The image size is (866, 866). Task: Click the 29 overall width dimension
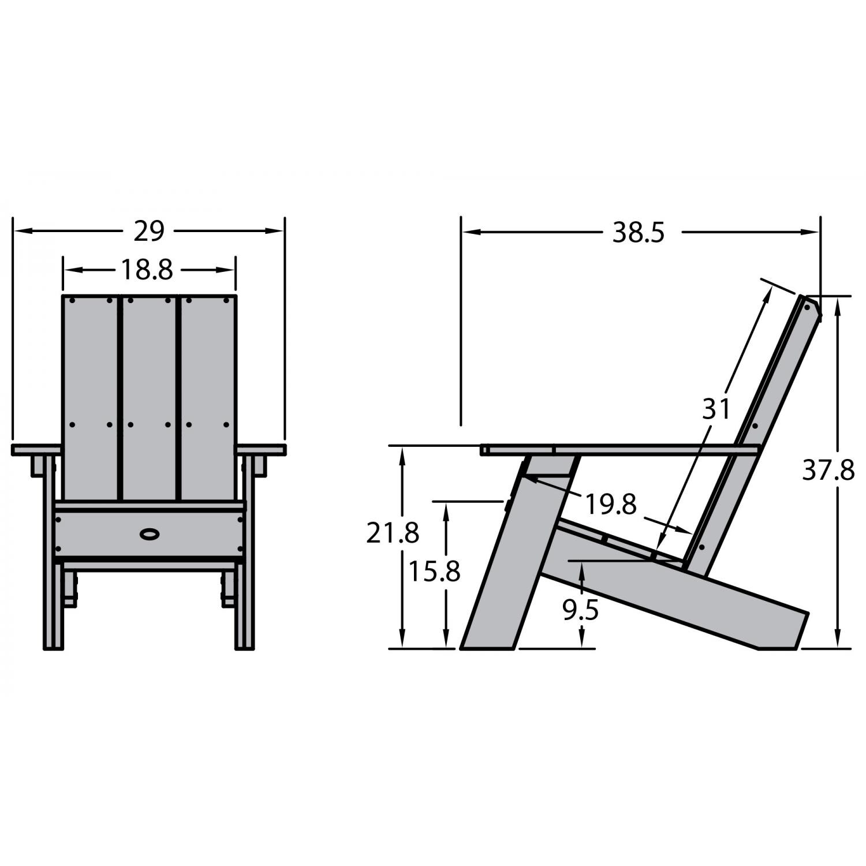[149, 231]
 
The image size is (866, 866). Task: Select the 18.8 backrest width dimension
[147, 270]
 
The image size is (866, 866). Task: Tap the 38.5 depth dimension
[639, 233]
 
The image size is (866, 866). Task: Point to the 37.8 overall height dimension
[828, 471]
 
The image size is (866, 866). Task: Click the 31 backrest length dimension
[716, 409]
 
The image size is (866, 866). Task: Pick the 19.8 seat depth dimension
[611, 504]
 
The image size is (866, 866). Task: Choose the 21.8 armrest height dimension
[392, 533]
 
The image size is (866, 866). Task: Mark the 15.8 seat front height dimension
[434, 572]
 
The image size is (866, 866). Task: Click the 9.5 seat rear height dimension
[581, 610]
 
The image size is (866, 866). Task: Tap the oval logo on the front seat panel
[150, 534]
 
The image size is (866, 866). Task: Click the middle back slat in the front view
[150, 398]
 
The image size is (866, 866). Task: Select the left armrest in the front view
[36, 449]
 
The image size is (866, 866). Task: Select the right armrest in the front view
[261, 449]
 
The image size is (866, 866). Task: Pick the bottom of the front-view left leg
[53, 645]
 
